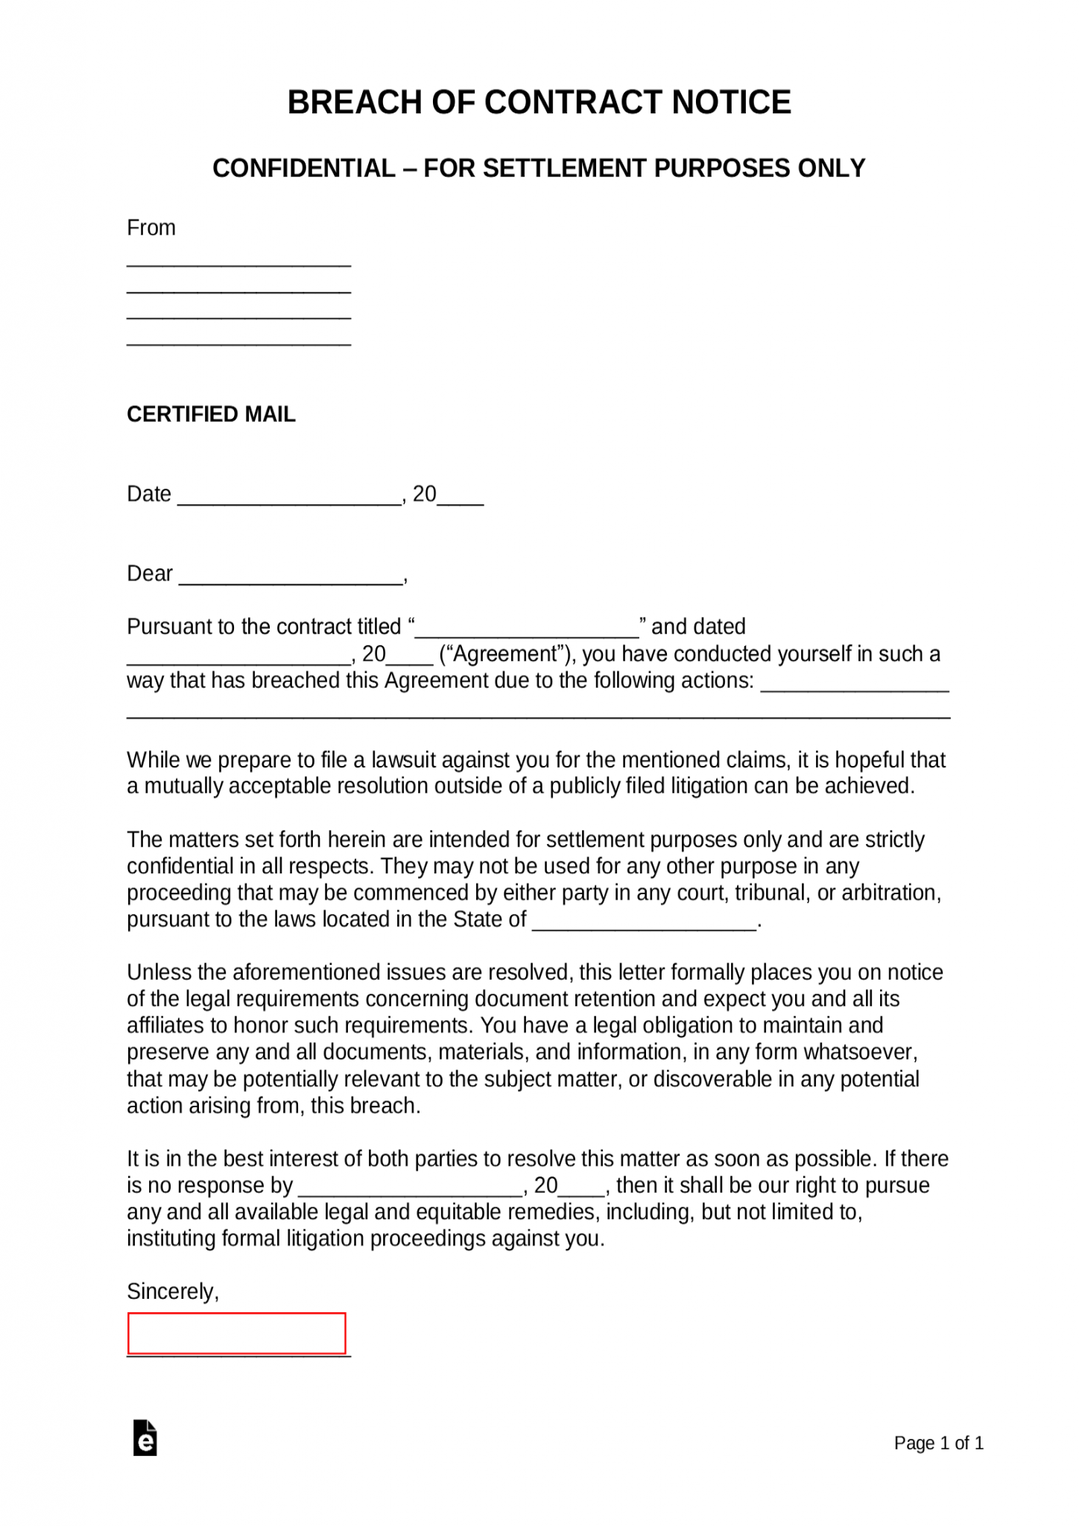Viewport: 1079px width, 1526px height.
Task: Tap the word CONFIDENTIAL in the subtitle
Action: (303, 168)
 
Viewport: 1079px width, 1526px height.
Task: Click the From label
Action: (151, 228)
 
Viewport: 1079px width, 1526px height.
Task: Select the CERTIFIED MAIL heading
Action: (211, 414)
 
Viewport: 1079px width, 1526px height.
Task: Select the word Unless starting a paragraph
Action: (162, 972)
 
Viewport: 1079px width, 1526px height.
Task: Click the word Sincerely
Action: (172, 1291)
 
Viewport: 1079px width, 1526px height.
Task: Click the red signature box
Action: (236, 1333)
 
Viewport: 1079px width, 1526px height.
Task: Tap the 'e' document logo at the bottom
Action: (145, 1438)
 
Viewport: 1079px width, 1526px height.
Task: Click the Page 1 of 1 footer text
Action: (938, 1443)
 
